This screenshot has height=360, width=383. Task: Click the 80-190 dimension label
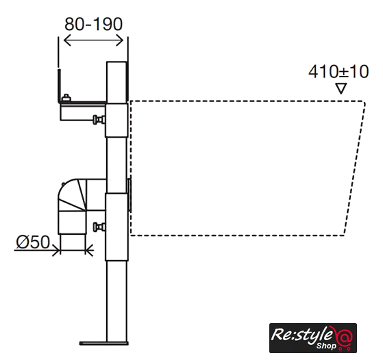click(93, 24)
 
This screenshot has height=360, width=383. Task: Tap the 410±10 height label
click(338, 71)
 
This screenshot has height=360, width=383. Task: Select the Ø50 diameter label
click(33, 242)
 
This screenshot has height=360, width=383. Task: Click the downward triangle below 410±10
click(341, 88)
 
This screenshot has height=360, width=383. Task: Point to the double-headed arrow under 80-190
click(93, 40)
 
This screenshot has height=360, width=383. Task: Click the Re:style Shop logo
click(313, 338)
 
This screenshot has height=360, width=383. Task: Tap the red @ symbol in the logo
click(344, 337)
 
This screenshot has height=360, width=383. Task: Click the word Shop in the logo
click(326, 346)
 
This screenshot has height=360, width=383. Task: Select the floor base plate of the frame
click(104, 344)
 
